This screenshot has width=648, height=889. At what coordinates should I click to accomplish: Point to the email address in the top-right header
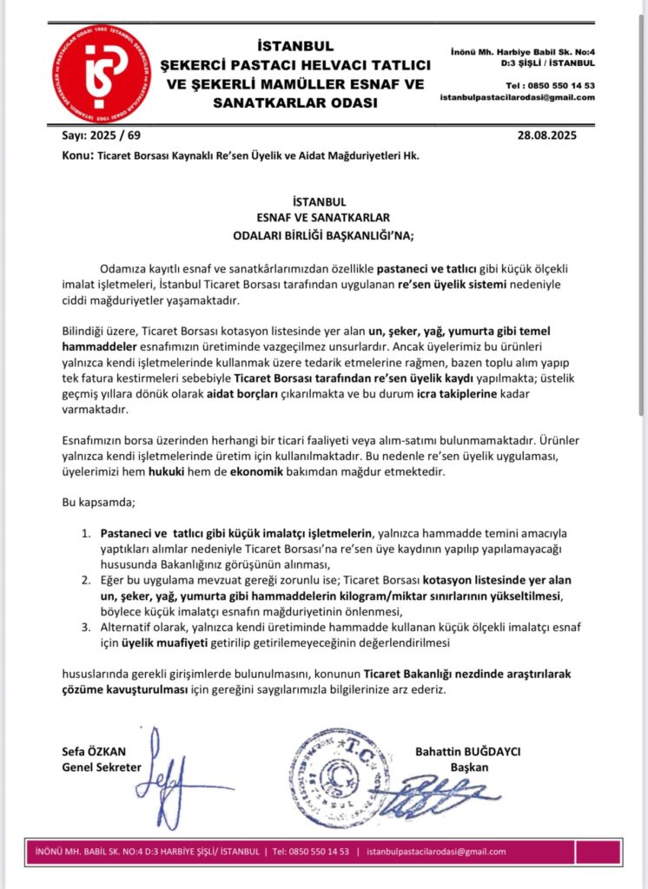(517, 97)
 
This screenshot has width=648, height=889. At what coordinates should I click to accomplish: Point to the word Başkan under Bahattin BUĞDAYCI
(470, 767)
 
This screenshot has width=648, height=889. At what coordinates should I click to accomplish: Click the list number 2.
(84, 579)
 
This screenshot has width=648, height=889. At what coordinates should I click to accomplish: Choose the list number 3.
(84, 626)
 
